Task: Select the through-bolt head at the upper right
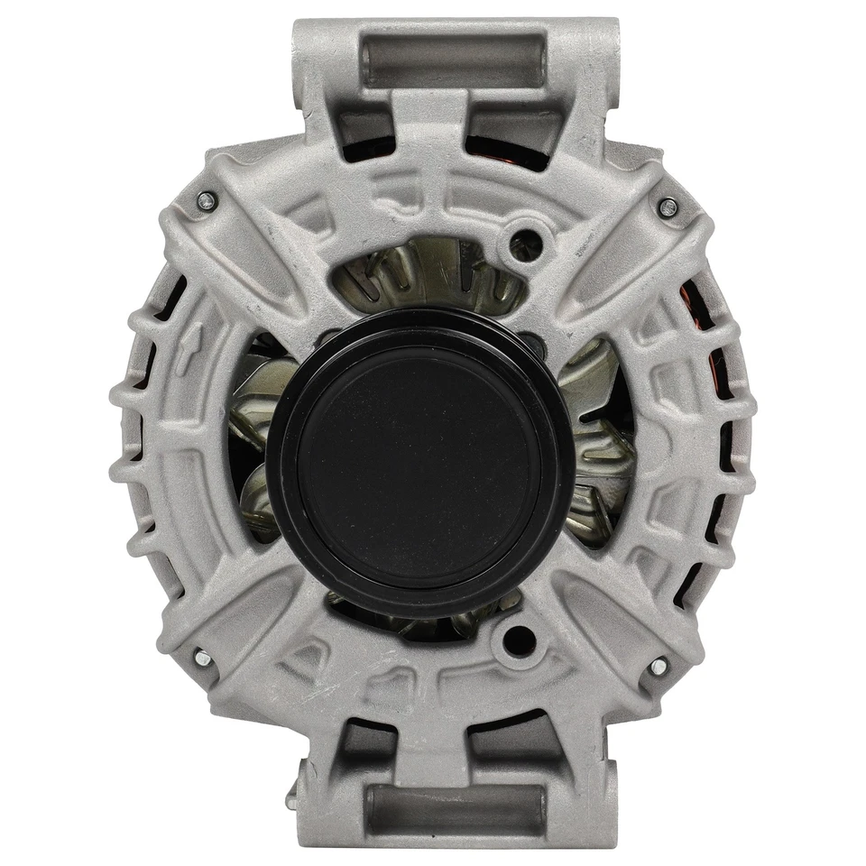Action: pyautogui.click(x=668, y=207)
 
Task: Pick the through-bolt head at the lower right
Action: pyautogui.click(x=659, y=667)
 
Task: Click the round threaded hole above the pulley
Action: pyautogui.click(x=524, y=242)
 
